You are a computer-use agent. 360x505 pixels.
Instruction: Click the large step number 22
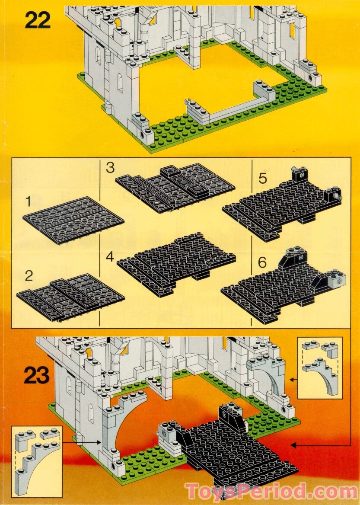(x=38, y=20)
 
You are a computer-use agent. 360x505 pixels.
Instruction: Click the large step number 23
(x=36, y=375)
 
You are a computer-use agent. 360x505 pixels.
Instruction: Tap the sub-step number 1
(x=29, y=201)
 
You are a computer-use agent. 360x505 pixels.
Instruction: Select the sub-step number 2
(x=29, y=275)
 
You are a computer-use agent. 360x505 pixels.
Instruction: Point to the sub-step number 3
(x=111, y=168)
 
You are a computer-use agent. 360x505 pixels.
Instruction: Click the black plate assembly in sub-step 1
(x=73, y=220)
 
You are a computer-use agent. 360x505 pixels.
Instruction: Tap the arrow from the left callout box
(x=82, y=442)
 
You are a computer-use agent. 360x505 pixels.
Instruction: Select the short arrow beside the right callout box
(x=294, y=380)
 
